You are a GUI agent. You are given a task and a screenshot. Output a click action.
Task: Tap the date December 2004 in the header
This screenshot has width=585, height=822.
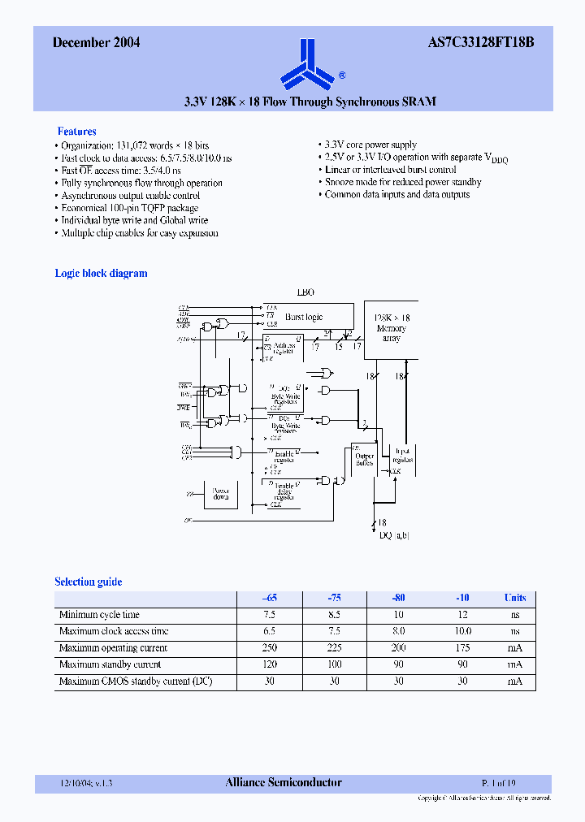pos(97,43)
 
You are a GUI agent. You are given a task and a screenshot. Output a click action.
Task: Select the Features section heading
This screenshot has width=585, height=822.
pos(76,132)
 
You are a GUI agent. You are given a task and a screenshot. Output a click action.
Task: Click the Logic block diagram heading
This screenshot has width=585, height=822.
pos(101,274)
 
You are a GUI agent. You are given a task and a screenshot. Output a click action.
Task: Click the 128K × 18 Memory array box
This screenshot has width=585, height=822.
pos(391,329)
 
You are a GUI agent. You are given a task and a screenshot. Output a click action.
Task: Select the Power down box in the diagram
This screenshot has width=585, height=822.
pos(220,495)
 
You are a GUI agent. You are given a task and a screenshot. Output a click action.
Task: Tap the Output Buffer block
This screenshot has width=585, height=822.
pos(364,459)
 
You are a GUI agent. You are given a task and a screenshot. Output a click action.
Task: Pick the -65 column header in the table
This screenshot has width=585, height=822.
pos(270,598)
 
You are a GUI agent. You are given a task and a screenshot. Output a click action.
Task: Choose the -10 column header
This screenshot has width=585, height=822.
pos(462,598)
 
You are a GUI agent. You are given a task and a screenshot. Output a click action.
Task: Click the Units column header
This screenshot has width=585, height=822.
pos(514,598)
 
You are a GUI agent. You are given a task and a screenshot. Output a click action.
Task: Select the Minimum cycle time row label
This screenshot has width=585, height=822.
pos(99,615)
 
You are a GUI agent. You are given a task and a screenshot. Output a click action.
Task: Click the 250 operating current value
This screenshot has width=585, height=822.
pos(270,648)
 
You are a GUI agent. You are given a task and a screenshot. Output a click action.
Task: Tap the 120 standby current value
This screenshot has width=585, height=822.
pos(270,665)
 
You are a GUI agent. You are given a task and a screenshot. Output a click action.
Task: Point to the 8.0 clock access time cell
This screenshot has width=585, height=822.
pos(398,631)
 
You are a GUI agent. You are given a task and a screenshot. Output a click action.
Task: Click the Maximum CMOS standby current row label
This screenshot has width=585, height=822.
pos(136,681)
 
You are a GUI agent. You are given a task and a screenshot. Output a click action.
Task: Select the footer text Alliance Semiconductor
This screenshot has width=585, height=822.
pos(283,783)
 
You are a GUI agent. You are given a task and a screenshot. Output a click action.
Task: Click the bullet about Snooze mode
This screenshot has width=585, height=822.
pos(403,183)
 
